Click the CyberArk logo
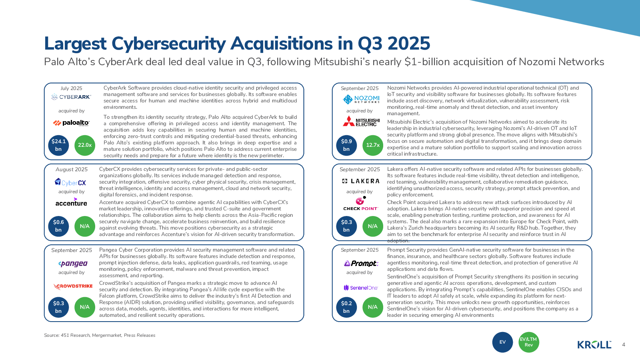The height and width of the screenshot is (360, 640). pos(71,97)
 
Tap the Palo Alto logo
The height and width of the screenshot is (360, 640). pos(71,123)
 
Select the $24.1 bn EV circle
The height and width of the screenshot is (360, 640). pos(58,145)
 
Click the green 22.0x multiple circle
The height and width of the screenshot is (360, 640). pos(85,145)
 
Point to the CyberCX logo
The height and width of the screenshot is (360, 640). pos(70,182)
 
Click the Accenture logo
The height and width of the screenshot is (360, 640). pos(71,202)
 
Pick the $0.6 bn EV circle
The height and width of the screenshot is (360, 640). pos(58,226)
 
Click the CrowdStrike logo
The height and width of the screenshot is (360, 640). pos(73,286)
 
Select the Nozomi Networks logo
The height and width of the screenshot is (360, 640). pos(361,99)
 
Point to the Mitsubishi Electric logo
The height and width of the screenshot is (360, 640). pos(361,121)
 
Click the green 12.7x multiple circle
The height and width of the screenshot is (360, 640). pos(373,145)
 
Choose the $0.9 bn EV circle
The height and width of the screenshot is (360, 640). pos(346,145)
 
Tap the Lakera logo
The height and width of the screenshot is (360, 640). pos(361,181)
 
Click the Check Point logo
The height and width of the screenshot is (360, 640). pos(360,204)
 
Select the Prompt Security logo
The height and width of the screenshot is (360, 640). pos(361,263)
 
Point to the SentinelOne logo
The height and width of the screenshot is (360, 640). pos(361,288)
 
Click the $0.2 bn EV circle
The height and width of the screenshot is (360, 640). pos(346,307)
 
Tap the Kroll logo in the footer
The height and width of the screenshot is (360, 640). pos(594,344)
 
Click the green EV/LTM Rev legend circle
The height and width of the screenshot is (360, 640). pos(529,342)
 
